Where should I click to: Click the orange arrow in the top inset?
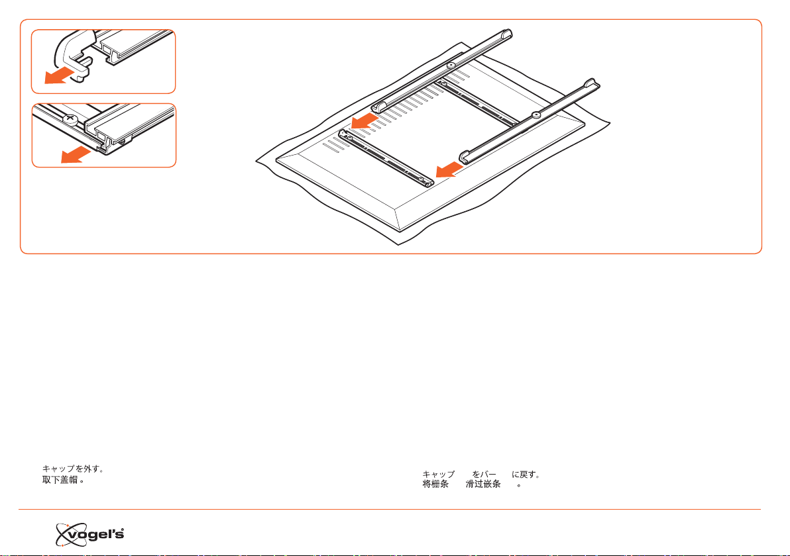[58, 76]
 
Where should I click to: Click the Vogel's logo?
[89, 534]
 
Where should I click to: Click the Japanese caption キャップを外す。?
[73, 469]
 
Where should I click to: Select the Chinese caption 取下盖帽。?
[63, 480]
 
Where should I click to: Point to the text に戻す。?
[526, 475]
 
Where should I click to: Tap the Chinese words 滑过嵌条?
[483, 484]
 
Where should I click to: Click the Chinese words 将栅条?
[435, 484]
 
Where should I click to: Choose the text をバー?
[484, 475]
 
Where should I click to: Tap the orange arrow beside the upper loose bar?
[365, 120]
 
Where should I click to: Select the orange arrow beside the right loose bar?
[449, 169]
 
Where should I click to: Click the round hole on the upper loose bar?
[451, 66]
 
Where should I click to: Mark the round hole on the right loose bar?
[536, 115]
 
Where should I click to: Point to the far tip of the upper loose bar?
[509, 32]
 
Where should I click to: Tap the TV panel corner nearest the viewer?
[400, 231]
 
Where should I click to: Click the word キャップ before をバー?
[438, 475]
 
